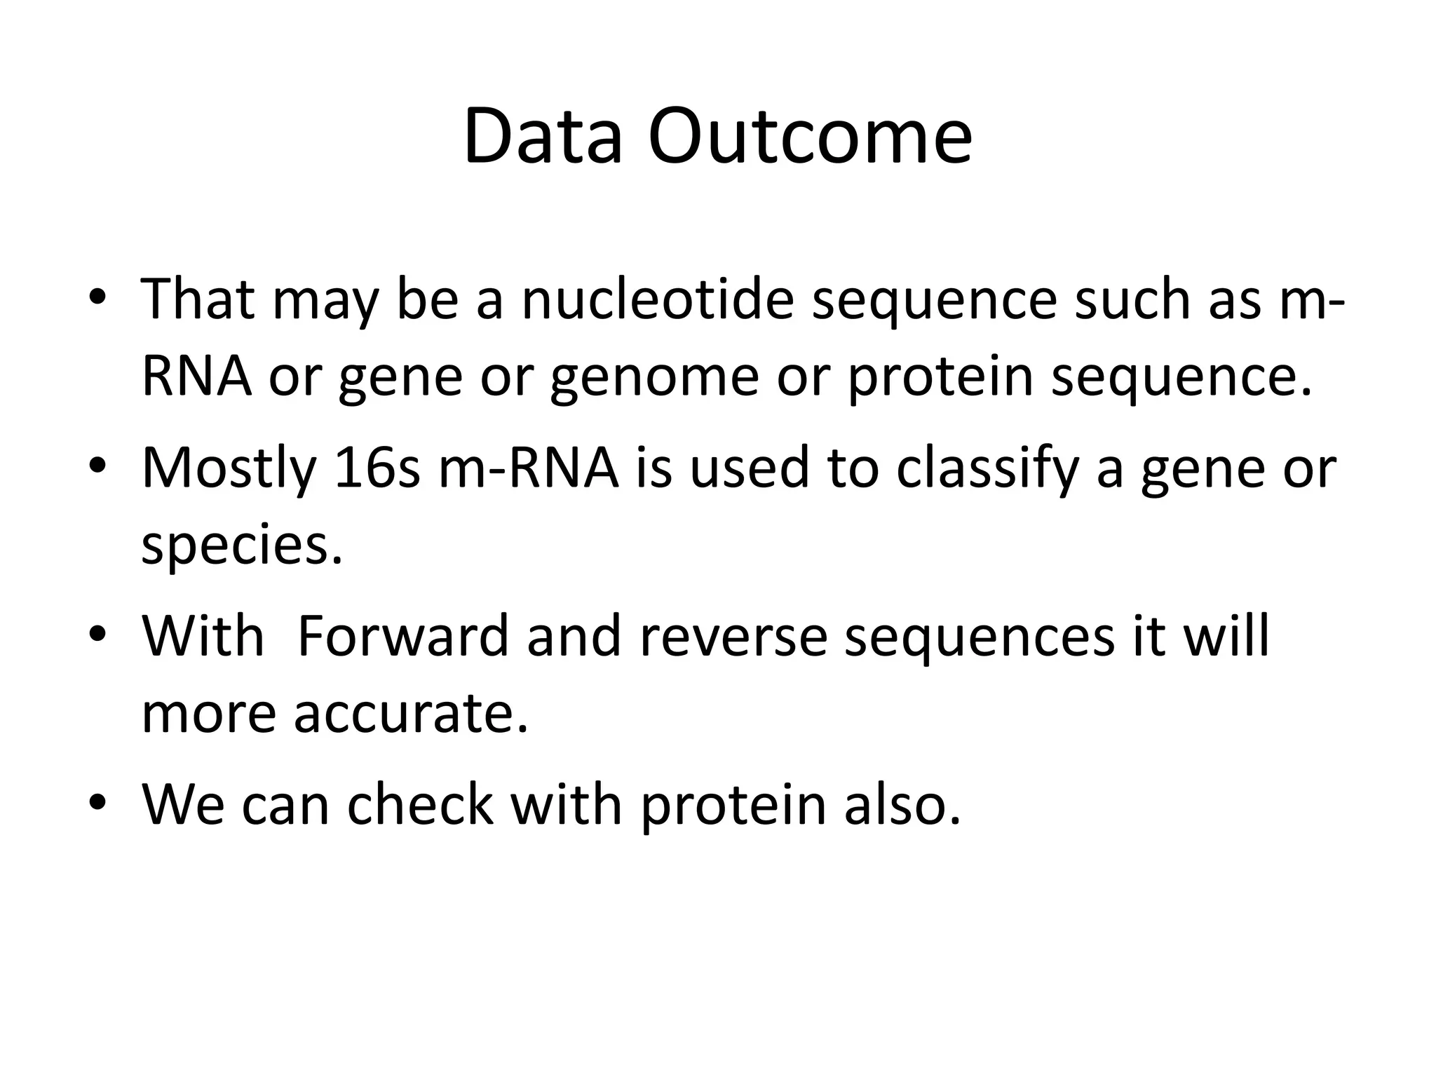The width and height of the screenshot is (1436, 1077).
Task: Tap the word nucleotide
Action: coord(657,300)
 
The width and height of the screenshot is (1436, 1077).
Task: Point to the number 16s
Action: coord(377,468)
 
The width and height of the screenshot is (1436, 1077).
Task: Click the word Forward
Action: coord(402,637)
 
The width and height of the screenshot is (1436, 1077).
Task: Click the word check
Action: coord(419,804)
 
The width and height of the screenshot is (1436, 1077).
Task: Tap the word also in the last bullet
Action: coord(902,804)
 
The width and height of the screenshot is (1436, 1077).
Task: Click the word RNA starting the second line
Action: coord(196,377)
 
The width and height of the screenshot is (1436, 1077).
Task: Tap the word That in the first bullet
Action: coord(198,300)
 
